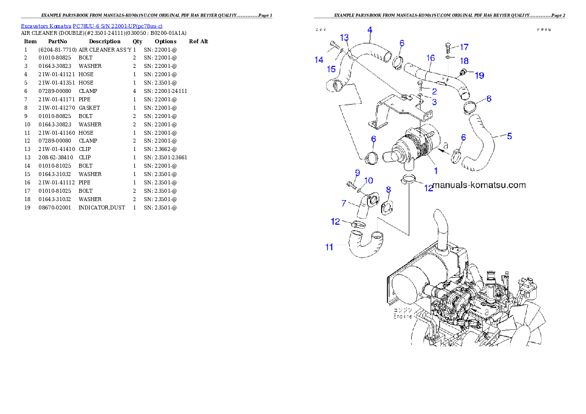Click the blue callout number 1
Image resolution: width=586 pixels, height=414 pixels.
pyautogui.click(x=435, y=171)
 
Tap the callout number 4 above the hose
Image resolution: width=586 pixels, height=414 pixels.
pyautogui.click(x=369, y=30)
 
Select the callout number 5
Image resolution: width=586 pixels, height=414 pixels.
pyautogui.click(x=509, y=136)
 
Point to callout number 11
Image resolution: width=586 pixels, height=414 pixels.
pyautogui.click(x=329, y=247)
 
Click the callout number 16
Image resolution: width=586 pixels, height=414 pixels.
pyautogui.click(x=430, y=58)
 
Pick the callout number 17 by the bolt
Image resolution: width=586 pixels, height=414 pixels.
pyautogui.click(x=464, y=47)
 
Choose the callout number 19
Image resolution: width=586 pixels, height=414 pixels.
pyautogui.click(x=479, y=75)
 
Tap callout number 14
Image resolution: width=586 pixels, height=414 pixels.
pyautogui.click(x=319, y=60)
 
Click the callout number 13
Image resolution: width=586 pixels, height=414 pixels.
pyautogui.click(x=344, y=37)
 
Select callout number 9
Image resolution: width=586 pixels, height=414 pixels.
pyautogui.click(x=358, y=172)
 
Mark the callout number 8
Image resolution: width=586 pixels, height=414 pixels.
pyautogui.click(x=388, y=189)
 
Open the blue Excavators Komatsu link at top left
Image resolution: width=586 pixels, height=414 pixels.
pyautogui.click(x=92, y=26)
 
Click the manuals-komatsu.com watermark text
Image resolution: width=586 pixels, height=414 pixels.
pyautogui.click(x=479, y=185)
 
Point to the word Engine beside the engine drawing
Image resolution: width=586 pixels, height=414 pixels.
pyautogui.click(x=402, y=317)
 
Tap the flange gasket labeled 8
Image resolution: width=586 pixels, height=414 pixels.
pyautogui.click(x=387, y=206)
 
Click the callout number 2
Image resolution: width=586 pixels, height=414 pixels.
pyautogui.click(x=434, y=91)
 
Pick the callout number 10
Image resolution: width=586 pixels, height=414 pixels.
pyautogui.click(x=368, y=180)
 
